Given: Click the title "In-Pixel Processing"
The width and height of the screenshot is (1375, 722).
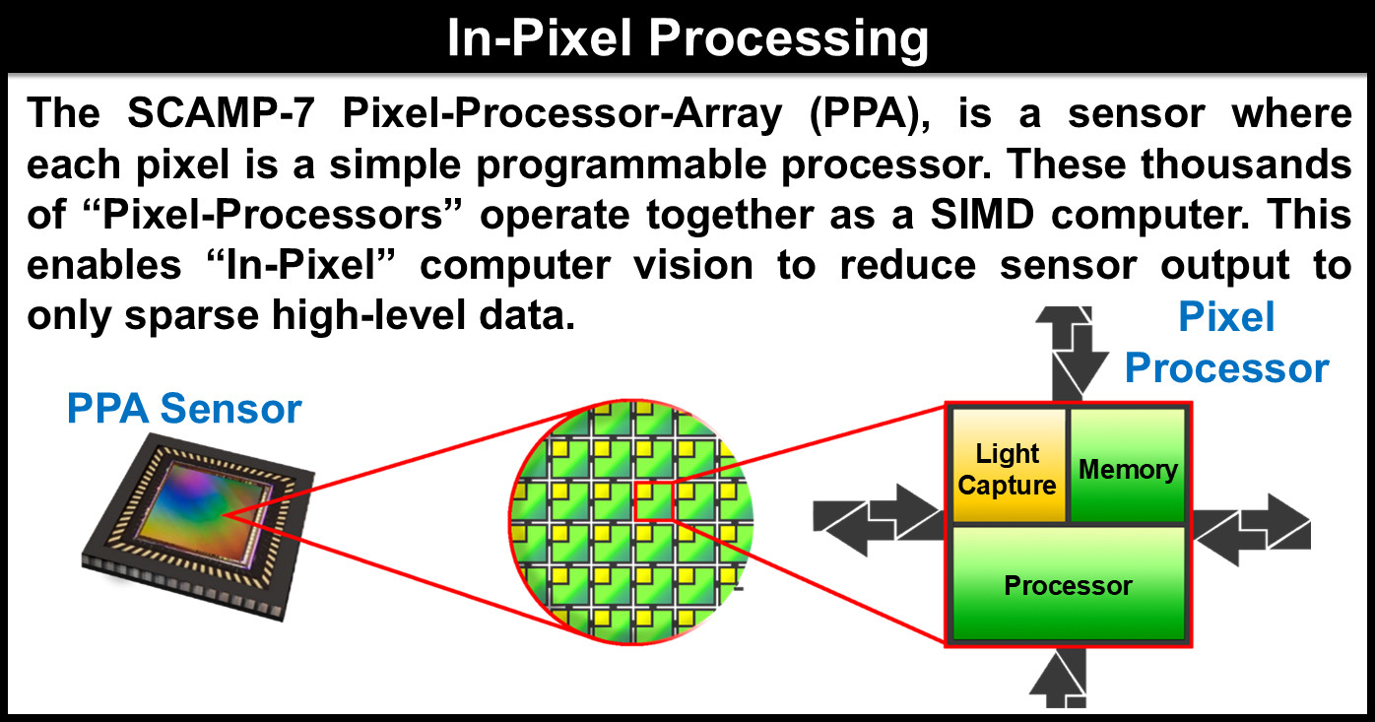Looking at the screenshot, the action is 687,38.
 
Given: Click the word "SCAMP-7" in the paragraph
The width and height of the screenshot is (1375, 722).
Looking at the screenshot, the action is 221,113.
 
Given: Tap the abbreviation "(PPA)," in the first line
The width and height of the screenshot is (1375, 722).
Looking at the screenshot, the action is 870,115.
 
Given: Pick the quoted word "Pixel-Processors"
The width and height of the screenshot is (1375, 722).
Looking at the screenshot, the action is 273,215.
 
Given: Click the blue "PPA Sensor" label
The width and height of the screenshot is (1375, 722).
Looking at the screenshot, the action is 184,408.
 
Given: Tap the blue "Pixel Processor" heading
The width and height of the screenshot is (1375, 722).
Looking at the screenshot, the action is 1226,343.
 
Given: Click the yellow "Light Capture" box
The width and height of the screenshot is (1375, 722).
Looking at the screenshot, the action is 1009,466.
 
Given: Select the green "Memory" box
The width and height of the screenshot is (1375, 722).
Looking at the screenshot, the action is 1128,465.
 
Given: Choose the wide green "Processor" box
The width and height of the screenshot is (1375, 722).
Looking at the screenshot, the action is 1068,584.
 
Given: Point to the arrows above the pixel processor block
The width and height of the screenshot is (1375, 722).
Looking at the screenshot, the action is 1072,353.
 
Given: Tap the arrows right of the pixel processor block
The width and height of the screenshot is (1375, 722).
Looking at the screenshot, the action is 1252,530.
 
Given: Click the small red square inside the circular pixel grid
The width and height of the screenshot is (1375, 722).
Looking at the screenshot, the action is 654,501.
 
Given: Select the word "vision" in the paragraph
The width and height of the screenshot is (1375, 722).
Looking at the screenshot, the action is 693,265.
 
